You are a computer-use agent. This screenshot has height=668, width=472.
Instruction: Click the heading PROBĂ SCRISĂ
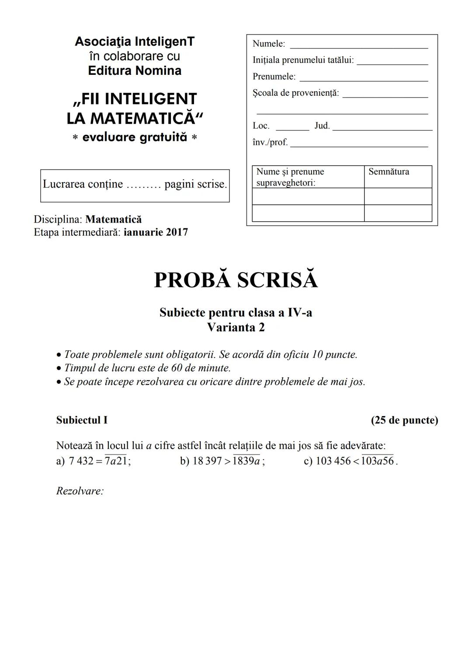[x=236, y=280]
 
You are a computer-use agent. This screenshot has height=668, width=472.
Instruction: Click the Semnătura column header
[x=389, y=172]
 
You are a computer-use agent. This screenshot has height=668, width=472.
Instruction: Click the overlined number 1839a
[x=246, y=461]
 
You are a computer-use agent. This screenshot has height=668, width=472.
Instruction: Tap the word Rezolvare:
[x=80, y=491]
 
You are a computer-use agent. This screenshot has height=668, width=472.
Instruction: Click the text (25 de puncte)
[x=404, y=420]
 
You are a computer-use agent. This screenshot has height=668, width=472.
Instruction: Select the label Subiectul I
[x=82, y=420]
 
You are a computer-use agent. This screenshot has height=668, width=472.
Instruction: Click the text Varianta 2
[x=236, y=327]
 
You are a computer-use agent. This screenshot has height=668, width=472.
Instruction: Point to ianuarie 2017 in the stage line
[x=156, y=232]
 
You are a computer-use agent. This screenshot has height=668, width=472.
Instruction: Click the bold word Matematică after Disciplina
[x=114, y=219]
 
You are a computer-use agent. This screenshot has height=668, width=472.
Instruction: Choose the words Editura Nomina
[x=135, y=71]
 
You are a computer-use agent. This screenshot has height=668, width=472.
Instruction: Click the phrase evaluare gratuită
[x=135, y=137]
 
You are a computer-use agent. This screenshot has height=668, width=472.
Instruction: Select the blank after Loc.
[x=292, y=128]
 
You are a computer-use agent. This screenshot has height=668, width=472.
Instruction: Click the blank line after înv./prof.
[x=359, y=145]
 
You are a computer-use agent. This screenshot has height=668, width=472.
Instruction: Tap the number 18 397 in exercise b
[x=207, y=461]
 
